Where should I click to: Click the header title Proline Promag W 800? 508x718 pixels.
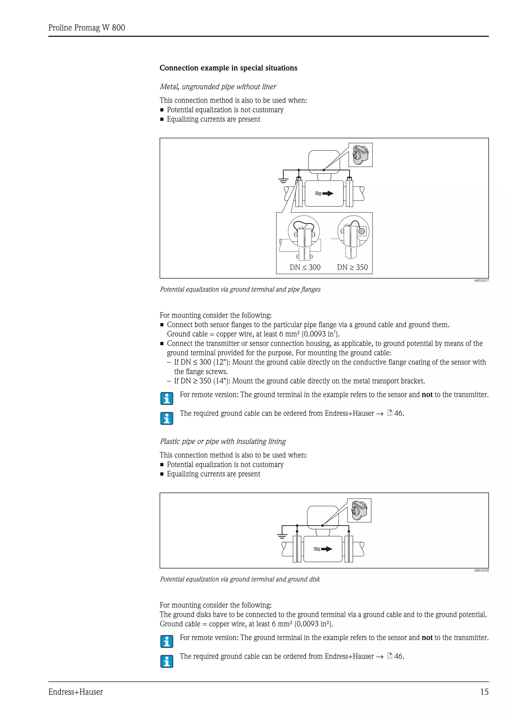87,28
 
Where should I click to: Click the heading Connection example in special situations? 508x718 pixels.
228,68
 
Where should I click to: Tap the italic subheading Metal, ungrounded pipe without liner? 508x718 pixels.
218,87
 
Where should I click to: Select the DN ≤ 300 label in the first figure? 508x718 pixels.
305,267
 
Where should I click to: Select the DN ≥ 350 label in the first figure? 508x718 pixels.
352,267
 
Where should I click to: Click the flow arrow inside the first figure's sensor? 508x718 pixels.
327,193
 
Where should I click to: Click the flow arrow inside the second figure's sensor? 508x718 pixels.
326,549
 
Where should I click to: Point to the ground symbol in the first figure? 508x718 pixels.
283,180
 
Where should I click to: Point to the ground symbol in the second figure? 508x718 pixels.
282,536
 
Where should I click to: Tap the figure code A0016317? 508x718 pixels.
481,280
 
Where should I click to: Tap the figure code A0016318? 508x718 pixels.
481,570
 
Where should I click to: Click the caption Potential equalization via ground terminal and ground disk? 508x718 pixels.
240,579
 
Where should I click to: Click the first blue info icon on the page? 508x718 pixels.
167,398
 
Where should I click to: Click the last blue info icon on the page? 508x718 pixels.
167,661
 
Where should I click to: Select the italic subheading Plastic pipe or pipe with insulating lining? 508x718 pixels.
222,441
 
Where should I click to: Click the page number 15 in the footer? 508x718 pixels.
484,692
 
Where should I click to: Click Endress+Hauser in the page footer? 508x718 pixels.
75,692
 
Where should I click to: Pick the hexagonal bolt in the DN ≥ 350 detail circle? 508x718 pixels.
361,231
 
